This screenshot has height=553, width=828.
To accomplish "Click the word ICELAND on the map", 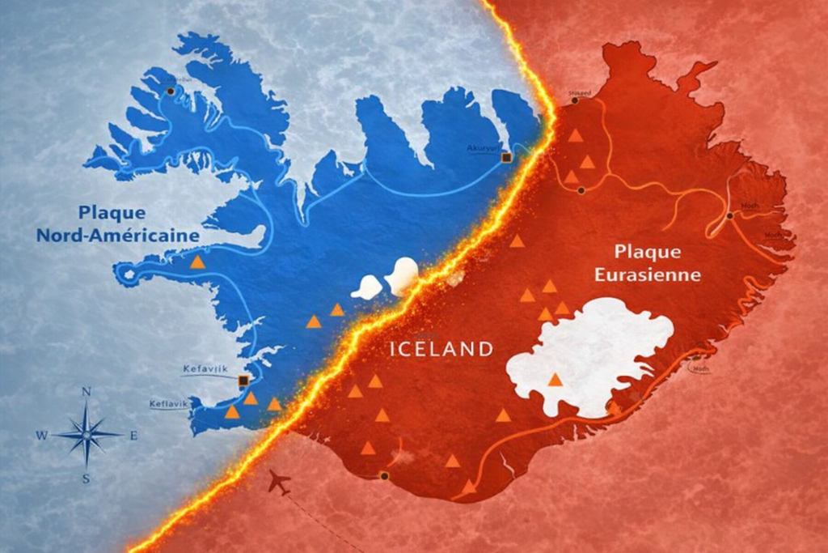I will (x=441, y=350).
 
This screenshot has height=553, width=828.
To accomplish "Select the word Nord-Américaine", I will (x=117, y=236).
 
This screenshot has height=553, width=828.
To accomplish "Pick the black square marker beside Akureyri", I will (x=506, y=157).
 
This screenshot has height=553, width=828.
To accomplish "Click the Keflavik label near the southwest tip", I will (x=168, y=403).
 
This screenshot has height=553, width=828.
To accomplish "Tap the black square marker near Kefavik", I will (x=243, y=380).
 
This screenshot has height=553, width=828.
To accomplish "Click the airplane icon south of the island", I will (x=279, y=483).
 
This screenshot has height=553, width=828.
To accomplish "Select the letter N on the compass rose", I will (x=87, y=392).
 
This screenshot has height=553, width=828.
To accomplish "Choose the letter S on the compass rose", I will (x=86, y=479).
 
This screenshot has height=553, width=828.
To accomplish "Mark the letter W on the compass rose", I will (x=41, y=436).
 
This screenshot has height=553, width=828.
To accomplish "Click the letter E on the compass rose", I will (x=133, y=436).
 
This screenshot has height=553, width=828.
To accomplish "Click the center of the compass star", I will (x=87, y=435).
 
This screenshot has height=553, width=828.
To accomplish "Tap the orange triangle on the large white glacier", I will (x=555, y=379).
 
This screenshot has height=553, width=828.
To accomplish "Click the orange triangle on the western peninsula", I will (x=197, y=262).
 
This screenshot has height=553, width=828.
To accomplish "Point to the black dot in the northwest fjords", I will (x=171, y=91).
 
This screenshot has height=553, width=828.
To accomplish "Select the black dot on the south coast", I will (x=384, y=475).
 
